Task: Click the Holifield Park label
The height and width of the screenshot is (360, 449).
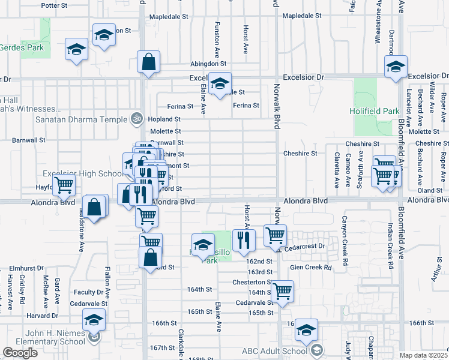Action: tap(375, 111)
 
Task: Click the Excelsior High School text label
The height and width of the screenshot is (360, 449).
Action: tap(83, 173)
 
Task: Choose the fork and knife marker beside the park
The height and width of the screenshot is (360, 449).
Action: tap(244, 239)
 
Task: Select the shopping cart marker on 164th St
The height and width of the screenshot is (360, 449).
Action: tap(282, 292)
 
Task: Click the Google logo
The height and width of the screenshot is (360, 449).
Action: tap(20, 353)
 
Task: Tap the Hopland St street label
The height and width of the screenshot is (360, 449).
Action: tap(165, 119)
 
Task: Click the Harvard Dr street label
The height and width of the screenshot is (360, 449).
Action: tap(41, 316)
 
